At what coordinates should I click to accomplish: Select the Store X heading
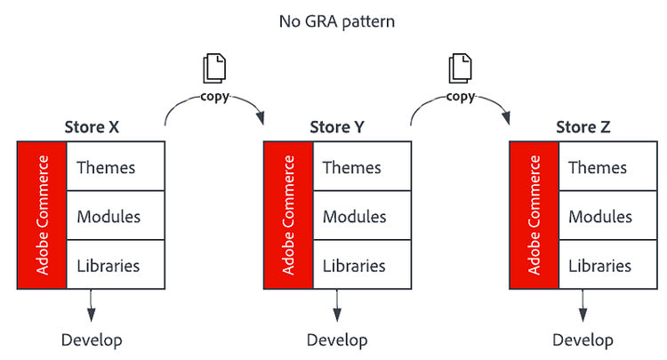(92, 127)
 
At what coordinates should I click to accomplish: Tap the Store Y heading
(337, 127)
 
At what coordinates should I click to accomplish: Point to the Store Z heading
(583, 127)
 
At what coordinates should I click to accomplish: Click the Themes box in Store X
(115, 166)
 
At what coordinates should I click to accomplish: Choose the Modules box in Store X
(115, 216)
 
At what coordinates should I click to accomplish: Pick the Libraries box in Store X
(115, 265)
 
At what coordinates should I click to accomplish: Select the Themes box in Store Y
(360, 166)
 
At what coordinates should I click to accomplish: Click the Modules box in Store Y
(360, 216)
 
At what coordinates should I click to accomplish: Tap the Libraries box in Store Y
(360, 265)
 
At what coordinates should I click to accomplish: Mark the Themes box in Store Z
(606, 166)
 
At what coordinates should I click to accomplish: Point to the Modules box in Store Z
(606, 216)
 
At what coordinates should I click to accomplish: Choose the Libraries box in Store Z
(606, 265)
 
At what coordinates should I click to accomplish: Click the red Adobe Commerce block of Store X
(42, 215)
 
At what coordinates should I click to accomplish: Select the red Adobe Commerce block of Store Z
(534, 215)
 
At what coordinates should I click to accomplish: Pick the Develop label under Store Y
(337, 340)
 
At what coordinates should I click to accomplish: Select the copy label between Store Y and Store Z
(460, 96)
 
